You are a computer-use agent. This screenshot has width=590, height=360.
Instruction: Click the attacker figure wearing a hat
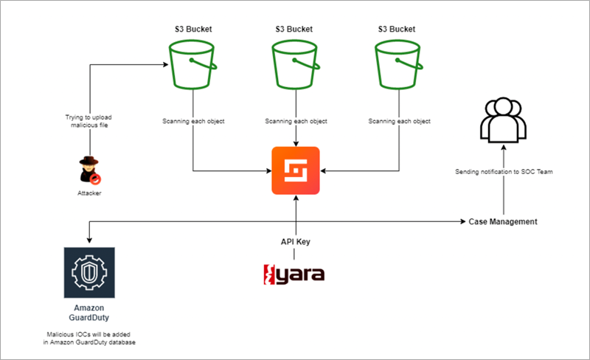coord(89,170)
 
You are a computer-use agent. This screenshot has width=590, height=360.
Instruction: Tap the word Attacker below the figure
coord(89,193)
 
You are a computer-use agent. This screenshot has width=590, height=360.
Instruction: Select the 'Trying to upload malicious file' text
coord(88,121)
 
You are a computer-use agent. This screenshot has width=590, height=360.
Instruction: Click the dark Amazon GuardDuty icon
coord(89,273)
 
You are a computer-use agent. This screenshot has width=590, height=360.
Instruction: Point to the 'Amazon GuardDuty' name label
coord(88,313)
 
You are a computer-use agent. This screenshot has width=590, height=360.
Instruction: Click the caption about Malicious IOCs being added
coord(89,338)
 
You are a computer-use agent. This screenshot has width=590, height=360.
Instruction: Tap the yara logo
coord(294,274)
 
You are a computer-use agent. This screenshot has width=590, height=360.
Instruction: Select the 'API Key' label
coord(296,242)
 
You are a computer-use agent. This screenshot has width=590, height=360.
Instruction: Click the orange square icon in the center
coord(296,170)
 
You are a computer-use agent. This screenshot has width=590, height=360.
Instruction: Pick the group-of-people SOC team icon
coord(503,120)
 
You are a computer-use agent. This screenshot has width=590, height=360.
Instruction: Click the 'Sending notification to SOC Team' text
coord(504,172)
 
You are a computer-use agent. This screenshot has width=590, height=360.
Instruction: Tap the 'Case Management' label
coord(503,222)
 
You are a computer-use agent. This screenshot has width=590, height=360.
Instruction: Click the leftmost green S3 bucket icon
coord(192,65)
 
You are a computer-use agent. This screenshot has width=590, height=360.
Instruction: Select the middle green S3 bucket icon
coord(296,65)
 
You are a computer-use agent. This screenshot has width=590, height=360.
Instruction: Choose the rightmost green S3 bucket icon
coord(399,65)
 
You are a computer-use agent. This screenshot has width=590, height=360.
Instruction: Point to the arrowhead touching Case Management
coord(464,221)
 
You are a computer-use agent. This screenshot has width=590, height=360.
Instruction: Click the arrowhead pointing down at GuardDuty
coord(89,240)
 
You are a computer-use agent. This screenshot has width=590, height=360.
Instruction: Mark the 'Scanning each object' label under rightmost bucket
coord(399,121)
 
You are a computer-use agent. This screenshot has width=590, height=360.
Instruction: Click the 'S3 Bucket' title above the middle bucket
coord(294,29)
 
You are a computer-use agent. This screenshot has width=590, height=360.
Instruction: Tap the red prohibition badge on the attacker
coord(96,179)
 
